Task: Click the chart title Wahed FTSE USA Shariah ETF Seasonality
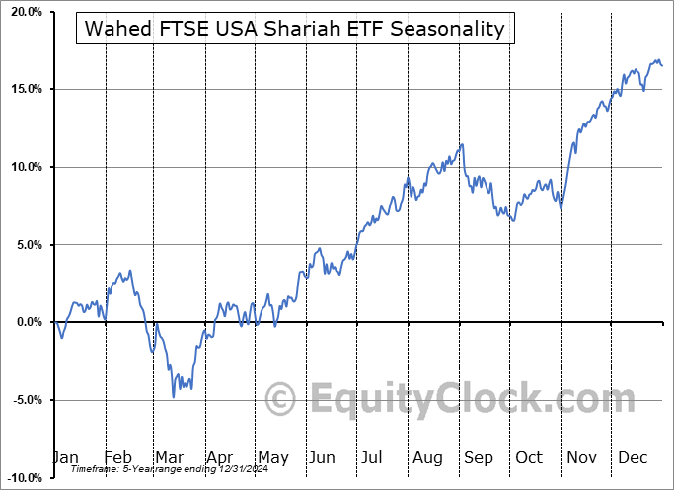coord(295,29)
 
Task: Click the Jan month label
coord(66,457)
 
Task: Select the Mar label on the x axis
coord(170,457)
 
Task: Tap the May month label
coord(272,457)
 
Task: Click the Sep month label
coord(479,457)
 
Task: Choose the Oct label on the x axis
coord(530,457)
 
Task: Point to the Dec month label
coord(633,457)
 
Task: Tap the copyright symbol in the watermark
coord(282,399)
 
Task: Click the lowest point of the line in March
coord(174,397)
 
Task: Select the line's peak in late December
coord(657,61)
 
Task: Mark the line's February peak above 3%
coord(130,270)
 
